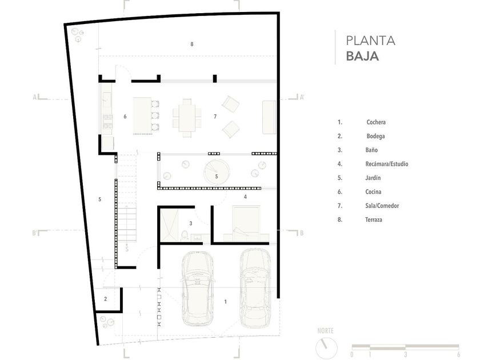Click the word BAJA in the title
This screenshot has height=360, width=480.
point(362,57)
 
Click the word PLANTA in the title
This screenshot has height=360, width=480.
point(370,41)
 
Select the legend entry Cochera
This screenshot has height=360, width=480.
point(376,122)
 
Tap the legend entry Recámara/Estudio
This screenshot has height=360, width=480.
point(387,164)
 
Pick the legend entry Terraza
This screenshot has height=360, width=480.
point(374,220)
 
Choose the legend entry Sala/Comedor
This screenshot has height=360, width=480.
point(382,206)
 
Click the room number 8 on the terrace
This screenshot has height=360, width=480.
point(192,44)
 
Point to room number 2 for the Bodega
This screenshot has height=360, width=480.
point(106,299)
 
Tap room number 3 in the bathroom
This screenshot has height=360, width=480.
point(191,223)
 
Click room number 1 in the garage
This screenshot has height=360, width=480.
point(226,302)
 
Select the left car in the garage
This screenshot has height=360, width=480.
point(198,289)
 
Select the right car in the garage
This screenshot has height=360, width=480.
point(255,288)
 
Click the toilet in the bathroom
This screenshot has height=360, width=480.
point(185,235)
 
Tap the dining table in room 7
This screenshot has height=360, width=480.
point(187,118)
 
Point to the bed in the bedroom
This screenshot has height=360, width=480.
point(246,221)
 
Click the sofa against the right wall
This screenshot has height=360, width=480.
point(269,117)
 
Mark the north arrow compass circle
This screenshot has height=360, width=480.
point(326,348)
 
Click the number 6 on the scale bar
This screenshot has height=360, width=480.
point(458,354)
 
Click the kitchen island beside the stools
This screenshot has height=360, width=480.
point(142,116)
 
